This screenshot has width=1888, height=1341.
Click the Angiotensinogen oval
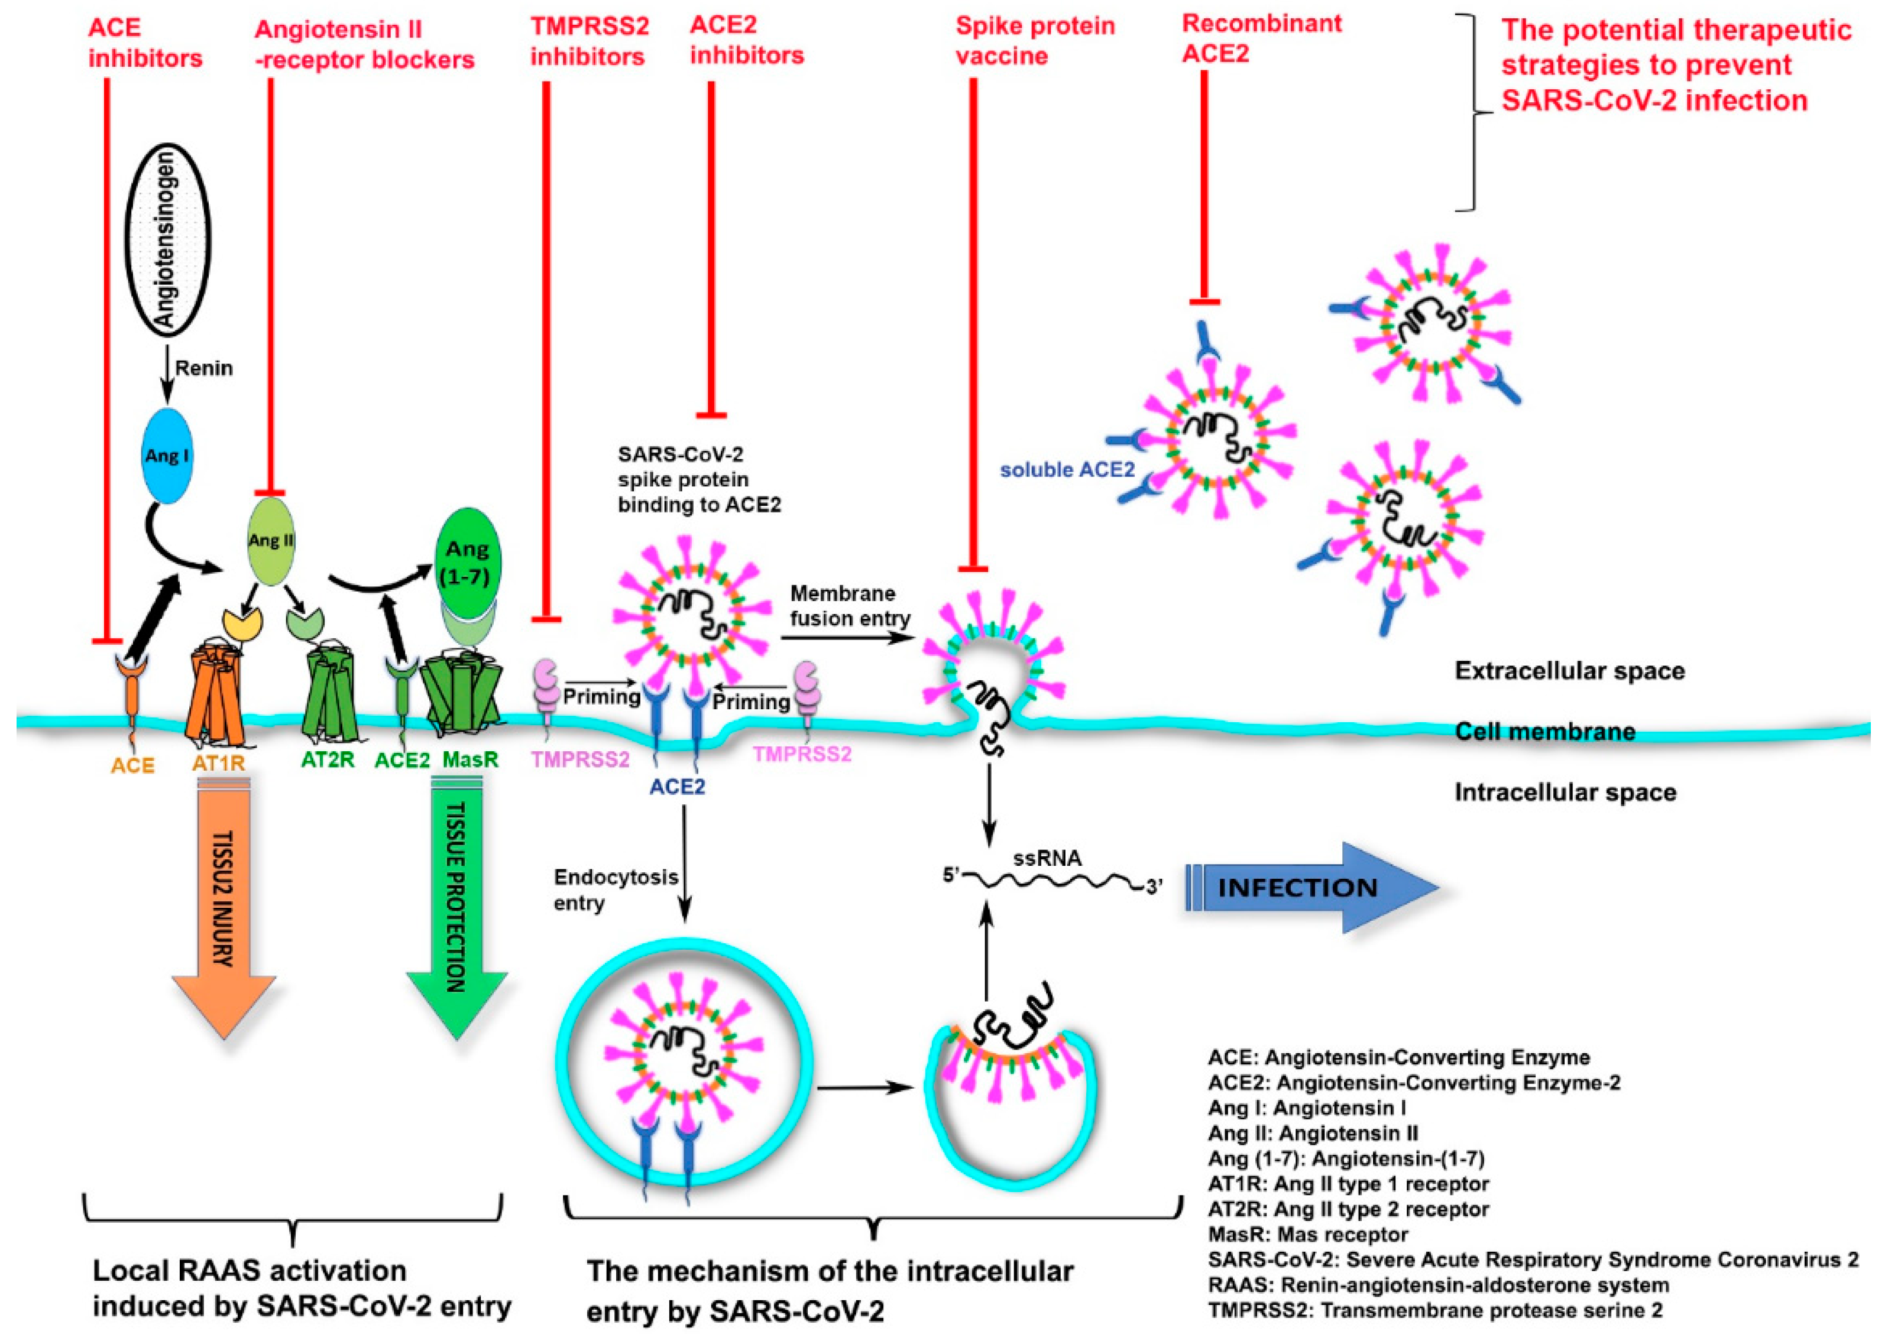[x=168, y=239]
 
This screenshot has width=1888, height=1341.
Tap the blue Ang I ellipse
[x=168, y=455]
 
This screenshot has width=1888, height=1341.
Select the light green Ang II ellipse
[x=271, y=540]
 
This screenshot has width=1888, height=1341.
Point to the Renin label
[x=204, y=368]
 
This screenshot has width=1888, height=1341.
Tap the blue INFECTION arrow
[x=1313, y=888]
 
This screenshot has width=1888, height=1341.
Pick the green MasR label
[x=471, y=759]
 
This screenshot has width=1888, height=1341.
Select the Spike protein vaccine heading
[x=1035, y=40]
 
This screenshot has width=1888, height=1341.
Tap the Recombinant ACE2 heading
[x=1261, y=38]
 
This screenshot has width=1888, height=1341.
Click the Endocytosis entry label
[x=616, y=889]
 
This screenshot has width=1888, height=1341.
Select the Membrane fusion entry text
[x=849, y=605]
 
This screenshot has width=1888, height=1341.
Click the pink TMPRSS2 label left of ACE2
[x=580, y=759]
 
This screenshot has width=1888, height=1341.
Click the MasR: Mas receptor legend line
[x=1307, y=1235]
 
